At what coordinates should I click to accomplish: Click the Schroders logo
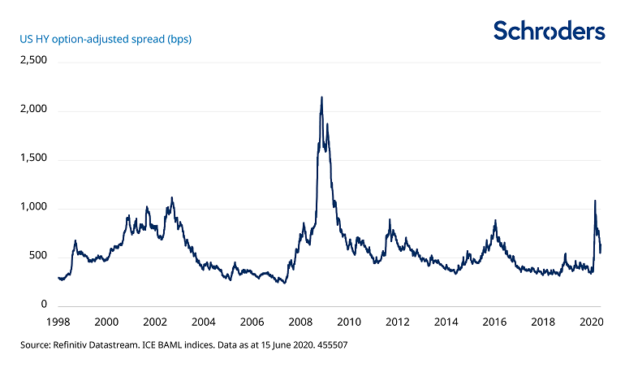pyautogui.click(x=550, y=32)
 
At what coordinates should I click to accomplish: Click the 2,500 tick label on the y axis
pyautogui.click(x=34, y=61)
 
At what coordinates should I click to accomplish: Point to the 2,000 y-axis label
pyautogui.click(x=34, y=110)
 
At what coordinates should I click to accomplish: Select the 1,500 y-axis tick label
pyautogui.click(x=34, y=159)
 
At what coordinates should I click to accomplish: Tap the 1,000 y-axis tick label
pyautogui.click(x=34, y=208)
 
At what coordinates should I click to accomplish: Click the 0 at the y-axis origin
pyautogui.click(x=45, y=305)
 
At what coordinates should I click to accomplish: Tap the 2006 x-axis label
pyautogui.click(x=252, y=322)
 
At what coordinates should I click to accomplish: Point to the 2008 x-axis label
pyautogui.click(x=301, y=322)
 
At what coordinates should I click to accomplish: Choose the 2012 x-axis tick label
pyautogui.click(x=398, y=322)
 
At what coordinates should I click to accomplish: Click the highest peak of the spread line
pyautogui.click(x=322, y=97)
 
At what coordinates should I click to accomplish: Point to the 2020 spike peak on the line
pyautogui.click(x=595, y=201)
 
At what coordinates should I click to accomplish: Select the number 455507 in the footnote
pyautogui.click(x=332, y=346)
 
